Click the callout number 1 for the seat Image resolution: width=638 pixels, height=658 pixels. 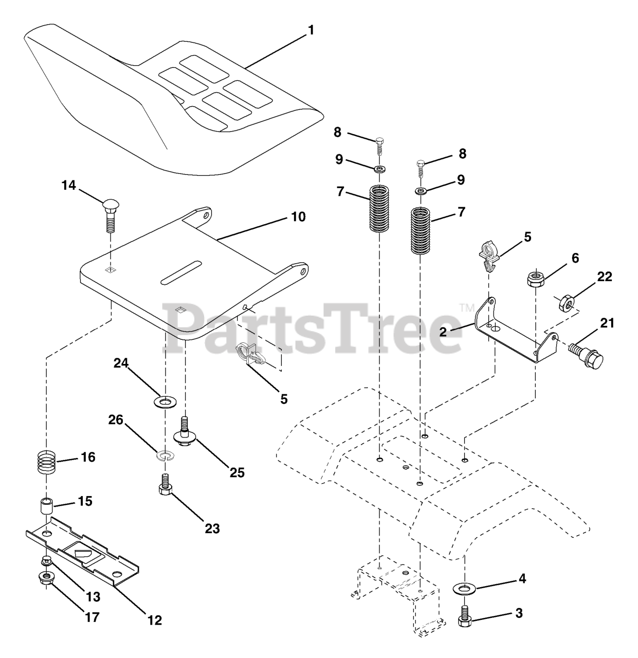pos(310,30)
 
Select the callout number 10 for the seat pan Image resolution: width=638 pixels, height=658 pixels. pos(298,217)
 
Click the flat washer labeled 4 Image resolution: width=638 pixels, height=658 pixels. pos(465,587)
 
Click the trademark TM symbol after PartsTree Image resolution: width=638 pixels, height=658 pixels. pos(466,308)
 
